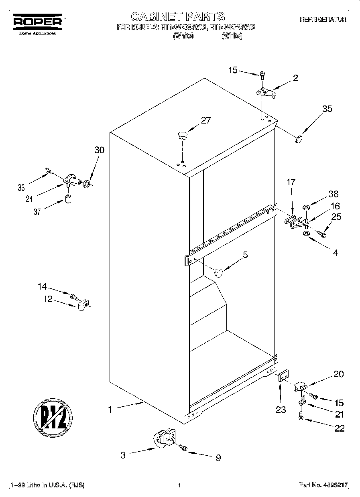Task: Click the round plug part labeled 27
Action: [x=183, y=135]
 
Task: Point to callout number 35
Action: [x=327, y=109]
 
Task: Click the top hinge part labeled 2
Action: [x=265, y=92]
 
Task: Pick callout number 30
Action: [x=99, y=150]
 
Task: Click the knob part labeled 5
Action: [x=218, y=272]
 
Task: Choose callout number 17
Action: [x=291, y=182]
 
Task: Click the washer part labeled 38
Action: [x=306, y=208]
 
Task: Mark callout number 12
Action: [x=48, y=299]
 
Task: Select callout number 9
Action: [x=218, y=458]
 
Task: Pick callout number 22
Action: [x=339, y=428]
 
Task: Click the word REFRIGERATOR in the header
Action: [x=323, y=19]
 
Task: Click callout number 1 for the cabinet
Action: [x=110, y=410]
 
